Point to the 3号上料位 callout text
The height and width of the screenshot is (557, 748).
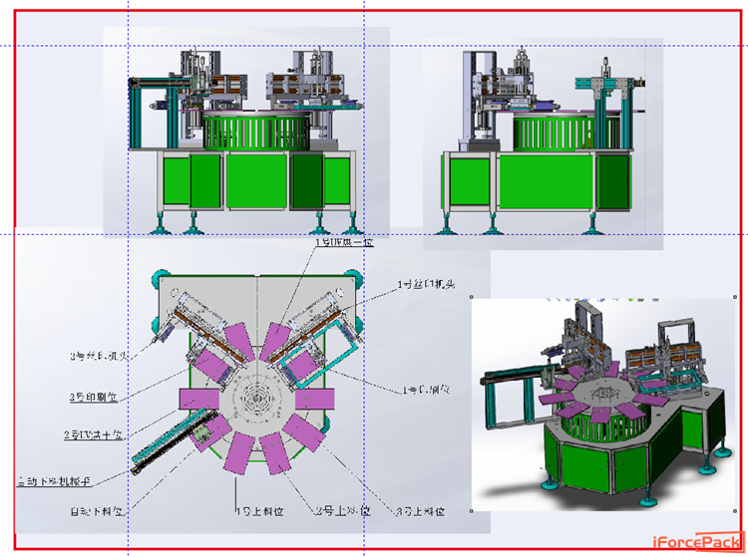tap(419, 510)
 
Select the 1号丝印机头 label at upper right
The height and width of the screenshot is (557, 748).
tap(427, 285)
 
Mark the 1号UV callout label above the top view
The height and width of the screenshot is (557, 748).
tap(344, 242)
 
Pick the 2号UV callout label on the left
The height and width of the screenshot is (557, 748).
tap(93, 435)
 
